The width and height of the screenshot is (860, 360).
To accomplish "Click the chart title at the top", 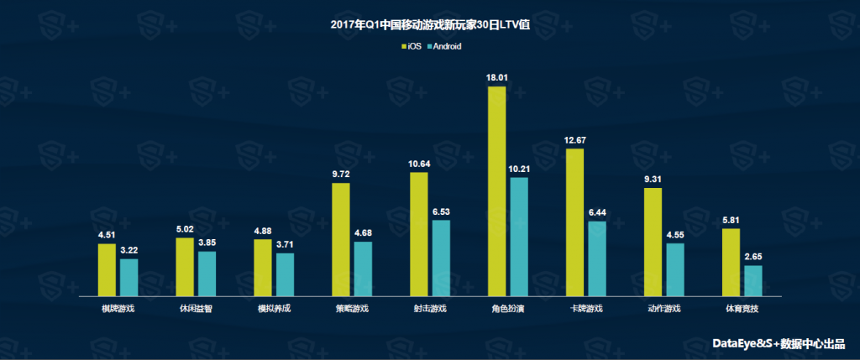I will coord(430,24).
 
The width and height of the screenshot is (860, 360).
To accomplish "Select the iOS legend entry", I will coord(410,46).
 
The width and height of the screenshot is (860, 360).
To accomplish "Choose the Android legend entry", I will coord(443,46).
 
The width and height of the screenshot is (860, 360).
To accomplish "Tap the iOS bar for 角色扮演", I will coord(496,191).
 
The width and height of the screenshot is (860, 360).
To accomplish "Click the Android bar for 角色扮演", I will coord(519,237).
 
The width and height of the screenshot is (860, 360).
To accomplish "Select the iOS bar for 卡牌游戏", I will coord(574,222).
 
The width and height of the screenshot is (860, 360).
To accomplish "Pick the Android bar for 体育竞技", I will coord(753,280).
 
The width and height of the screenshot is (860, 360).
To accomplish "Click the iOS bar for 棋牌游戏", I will coord(107,269).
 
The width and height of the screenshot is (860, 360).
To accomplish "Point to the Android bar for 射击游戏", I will coord(441,258).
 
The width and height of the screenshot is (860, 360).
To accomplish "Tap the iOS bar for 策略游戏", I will coord(340,239).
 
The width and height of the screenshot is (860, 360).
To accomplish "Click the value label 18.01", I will coord(496,78).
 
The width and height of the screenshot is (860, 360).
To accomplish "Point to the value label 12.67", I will coord(574,140).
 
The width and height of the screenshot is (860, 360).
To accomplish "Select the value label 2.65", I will coord(753,257).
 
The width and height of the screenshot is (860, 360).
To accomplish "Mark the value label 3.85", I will coord(207,243).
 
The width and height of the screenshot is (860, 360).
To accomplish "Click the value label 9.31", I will coord(653,180).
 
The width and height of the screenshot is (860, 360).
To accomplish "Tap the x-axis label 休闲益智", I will coord(196,309).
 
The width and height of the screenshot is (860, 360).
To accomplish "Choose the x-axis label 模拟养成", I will coord(274,309).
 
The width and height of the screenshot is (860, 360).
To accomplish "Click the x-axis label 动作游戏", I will coord(663,309).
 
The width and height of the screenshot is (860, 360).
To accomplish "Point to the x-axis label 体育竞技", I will coord(742,309).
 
